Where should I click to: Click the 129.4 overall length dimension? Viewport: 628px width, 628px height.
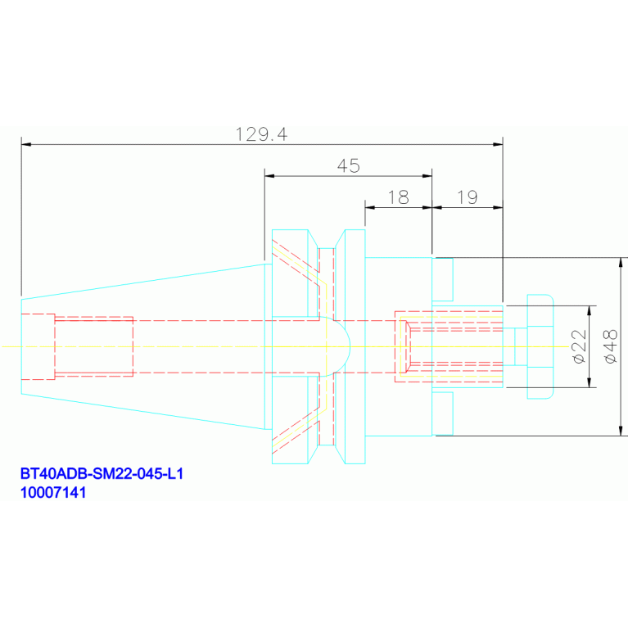point(261,134)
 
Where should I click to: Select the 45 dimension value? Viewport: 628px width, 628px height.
point(349,166)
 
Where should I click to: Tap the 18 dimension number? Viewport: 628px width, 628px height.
point(399,197)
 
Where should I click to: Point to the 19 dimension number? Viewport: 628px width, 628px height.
point(468,197)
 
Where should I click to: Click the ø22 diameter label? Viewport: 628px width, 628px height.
point(580,346)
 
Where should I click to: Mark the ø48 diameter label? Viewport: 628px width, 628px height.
point(611,346)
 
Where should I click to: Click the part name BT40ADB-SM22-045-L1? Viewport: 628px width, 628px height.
point(102,473)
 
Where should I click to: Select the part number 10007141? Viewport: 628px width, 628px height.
point(53,492)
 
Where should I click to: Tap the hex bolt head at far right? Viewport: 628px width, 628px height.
point(540,346)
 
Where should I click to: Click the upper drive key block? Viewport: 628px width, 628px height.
point(443,279)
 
